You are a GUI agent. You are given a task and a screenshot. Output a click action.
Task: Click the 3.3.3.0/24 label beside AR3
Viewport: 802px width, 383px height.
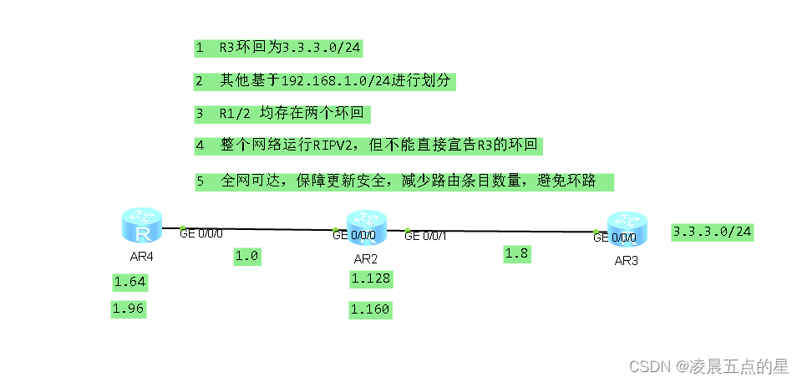pos(713,232)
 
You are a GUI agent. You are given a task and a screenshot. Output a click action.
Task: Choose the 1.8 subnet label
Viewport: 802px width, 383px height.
pos(517,254)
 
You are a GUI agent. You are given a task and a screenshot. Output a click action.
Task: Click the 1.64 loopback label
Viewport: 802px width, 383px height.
pos(129,283)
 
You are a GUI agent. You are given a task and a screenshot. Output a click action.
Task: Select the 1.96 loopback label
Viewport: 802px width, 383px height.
pos(129,309)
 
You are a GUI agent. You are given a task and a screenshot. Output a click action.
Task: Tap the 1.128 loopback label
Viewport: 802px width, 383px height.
pos(370,278)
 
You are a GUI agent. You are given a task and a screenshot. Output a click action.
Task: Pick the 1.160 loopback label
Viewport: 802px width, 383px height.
pos(370,310)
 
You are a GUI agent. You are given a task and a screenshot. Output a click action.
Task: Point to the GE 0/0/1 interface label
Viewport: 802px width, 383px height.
pos(426,236)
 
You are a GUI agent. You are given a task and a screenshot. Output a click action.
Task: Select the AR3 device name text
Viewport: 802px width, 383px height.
pos(627,260)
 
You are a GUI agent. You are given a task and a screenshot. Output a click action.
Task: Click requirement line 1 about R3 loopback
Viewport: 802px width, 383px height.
pos(278,49)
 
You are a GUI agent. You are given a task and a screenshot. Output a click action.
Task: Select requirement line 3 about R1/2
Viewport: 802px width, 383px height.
pos(282,113)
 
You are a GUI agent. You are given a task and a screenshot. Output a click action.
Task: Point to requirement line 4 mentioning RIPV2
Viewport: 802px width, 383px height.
pos(368,146)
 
